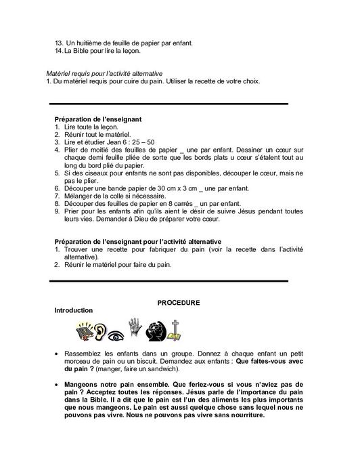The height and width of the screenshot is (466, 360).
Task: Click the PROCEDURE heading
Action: pos(179,302)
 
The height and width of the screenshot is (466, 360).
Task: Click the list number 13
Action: pos(59,43)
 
